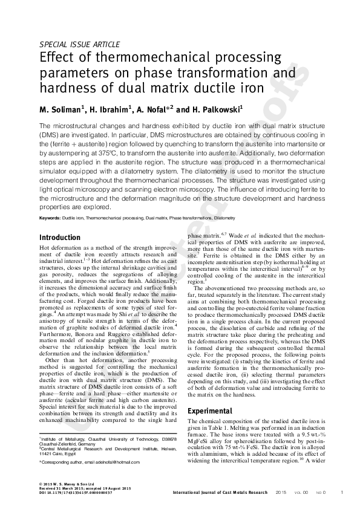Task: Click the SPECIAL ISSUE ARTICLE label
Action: pos(79,44)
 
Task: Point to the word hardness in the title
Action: pos(65,88)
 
